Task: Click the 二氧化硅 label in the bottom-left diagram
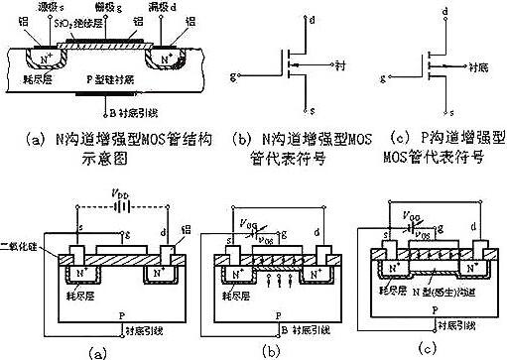21,241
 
